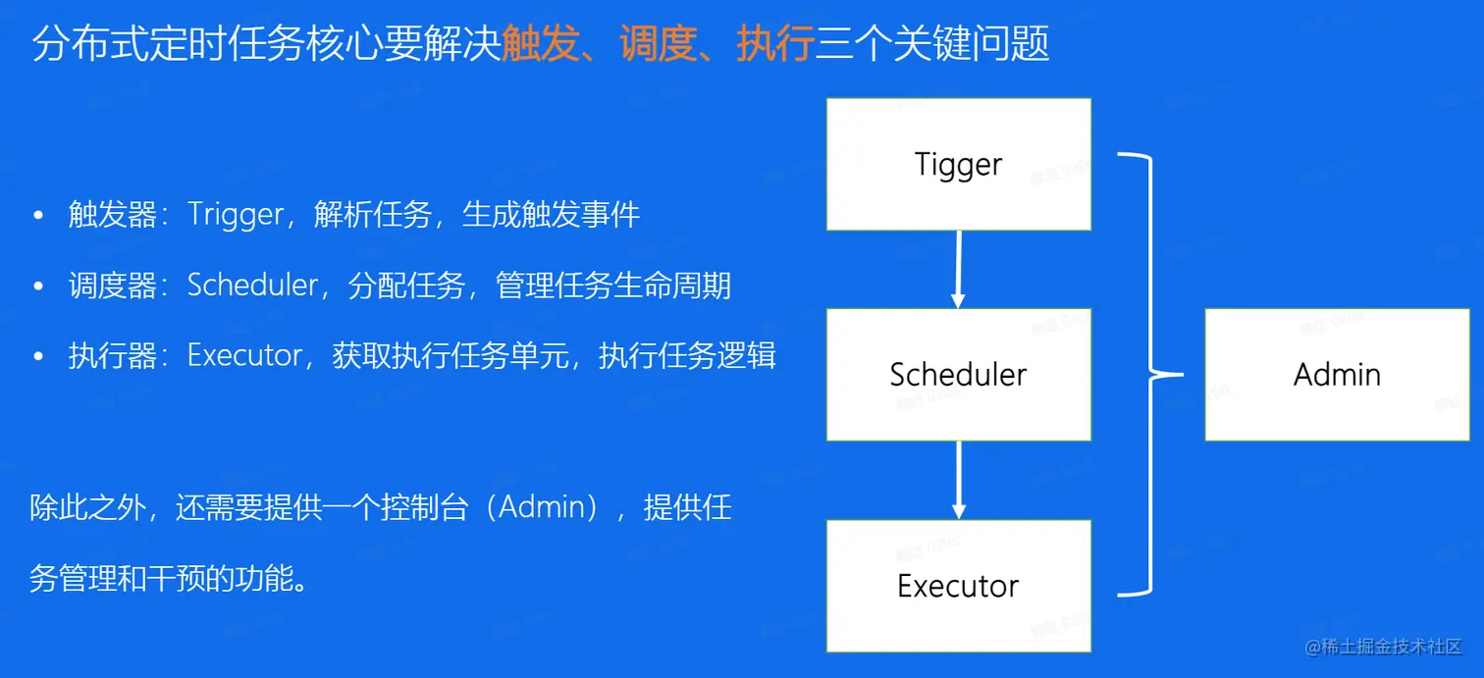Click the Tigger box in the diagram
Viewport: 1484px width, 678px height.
[958, 164]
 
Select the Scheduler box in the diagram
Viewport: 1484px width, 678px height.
[958, 374]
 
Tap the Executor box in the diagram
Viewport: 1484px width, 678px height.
[958, 586]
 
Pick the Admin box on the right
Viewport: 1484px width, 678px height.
[1337, 374]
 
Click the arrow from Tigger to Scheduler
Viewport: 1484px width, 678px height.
[959, 269]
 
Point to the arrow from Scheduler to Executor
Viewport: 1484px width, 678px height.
[959, 480]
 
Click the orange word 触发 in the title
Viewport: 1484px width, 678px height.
[540, 45]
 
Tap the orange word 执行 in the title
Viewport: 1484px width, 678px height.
[775, 45]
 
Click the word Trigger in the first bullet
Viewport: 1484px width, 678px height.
[235, 215]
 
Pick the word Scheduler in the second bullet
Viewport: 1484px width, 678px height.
[252, 286]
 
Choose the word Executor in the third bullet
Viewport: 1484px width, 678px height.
[244, 355]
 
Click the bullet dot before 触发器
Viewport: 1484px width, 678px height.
[38, 215]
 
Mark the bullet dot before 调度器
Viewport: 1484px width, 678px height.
[38, 286]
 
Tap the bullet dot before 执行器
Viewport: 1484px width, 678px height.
[38, 356]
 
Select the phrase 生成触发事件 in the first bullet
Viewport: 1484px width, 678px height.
[551, 215]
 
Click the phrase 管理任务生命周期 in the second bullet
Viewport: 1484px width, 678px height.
[613, 286]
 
